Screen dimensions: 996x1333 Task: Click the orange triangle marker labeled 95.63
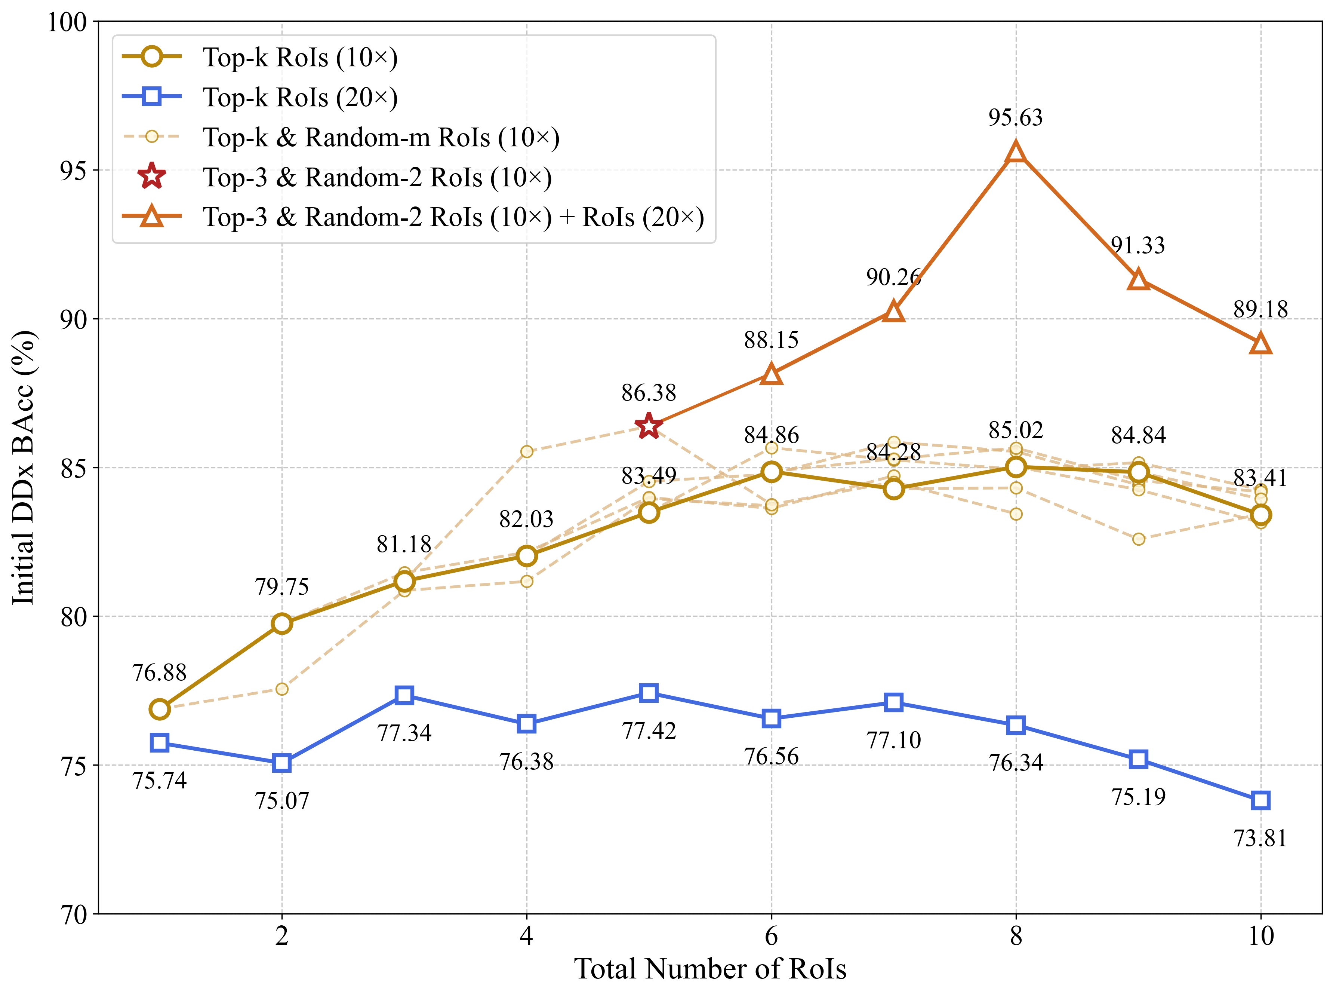[1016, 152]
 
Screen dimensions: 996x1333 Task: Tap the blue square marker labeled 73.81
[1261, 801]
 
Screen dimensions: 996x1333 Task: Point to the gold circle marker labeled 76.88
[160, 709]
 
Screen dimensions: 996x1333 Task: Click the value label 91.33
[1138, 246]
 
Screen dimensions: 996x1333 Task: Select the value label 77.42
[649, 731]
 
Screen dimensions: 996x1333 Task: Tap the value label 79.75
[282, 586]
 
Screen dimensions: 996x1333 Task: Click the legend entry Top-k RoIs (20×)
[300, 97]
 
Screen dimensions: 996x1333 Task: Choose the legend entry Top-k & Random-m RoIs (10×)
[381, 138]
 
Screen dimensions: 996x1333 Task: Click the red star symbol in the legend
[152, 177]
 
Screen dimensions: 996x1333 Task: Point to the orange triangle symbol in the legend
[152, 217]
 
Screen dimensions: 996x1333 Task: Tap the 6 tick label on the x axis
[772, 936]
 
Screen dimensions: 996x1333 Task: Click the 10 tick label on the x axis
[1261, 936]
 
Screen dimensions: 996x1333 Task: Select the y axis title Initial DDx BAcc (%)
[24, 467]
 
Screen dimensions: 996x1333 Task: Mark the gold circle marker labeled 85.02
[1016, 467]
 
